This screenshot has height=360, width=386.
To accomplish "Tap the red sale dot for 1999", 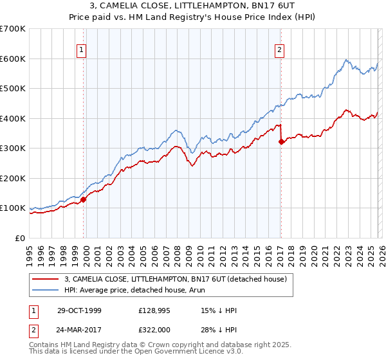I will click(84, 199).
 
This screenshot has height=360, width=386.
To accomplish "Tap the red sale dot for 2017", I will click(281, 142).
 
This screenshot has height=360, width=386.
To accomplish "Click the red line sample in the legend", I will click(46, 278).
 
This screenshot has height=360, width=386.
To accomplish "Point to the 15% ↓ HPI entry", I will click(219, 310).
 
